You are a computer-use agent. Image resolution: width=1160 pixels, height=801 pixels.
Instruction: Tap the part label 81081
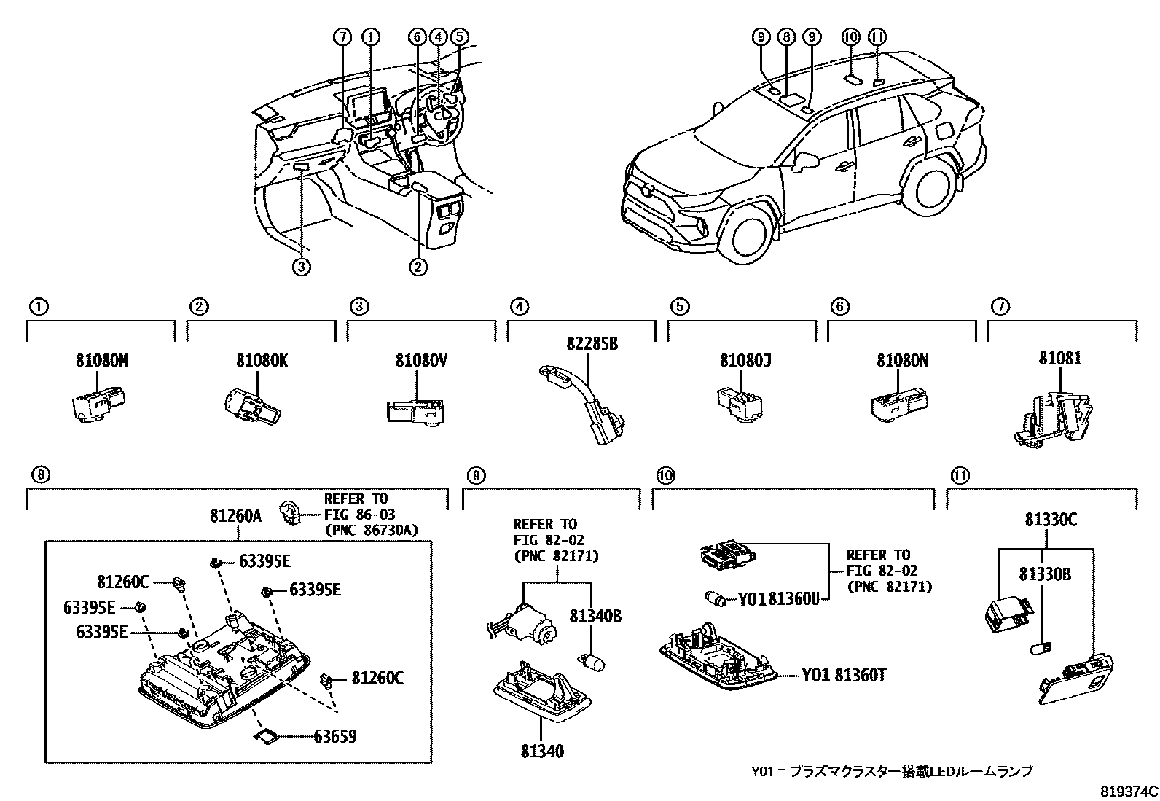pyautogui.click(x=1059, y=359)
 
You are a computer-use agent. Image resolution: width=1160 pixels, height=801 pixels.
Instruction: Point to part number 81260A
pyautogui.click(x=235, y=516)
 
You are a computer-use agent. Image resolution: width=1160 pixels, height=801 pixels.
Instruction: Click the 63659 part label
pyautogui.click(x=334, y=736)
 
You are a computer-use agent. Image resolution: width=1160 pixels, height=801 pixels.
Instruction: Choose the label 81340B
pyautogui.click(x=595, y=617)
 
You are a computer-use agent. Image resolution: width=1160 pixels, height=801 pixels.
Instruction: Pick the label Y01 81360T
pyautogui.click(x=844, y=676)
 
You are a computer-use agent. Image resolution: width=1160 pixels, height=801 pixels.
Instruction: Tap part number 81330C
pyautogui.click(x=1050, y=520)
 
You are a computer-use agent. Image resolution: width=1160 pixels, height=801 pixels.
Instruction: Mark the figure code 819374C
pyautogui.click(x=1129, y=792)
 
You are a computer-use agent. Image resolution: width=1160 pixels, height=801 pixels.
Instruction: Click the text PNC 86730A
pyautogui.click(x=371, y=530)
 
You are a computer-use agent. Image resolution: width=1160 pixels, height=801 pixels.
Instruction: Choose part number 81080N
pyautogui.click(x=902, y=360)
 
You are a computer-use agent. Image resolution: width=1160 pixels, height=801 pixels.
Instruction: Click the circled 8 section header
pyautogui.click(x=41, y=475)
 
